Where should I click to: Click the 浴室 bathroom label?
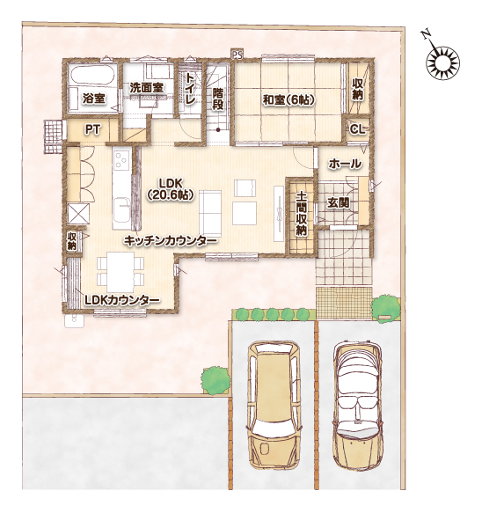(x=93, y=98)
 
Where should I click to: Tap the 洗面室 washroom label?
(x=146, y=88)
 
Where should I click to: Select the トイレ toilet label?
(x=190, y=88)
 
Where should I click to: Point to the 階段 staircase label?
(x=218, y=99)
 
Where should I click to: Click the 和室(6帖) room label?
(x=288, y=100)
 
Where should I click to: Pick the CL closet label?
(x=357, y=129)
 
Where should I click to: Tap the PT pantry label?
(x=92, y=129)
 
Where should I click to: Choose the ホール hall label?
(x=345, y=164)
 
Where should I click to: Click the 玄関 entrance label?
(x=338, y=203)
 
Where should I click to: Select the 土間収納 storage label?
(x=301, y=214)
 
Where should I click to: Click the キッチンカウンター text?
(x=171, y=241)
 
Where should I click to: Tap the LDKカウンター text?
(x=122, y=300)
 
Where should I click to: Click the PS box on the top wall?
(x=237, y=55)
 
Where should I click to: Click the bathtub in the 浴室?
(x=93, y=76)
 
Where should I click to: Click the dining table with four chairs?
(x=120, y=272)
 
